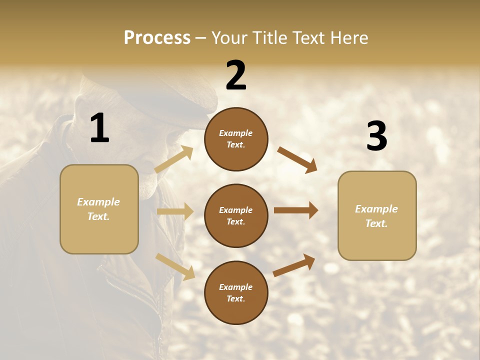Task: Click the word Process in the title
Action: click(157, 38)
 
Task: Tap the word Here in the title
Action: click(348, 38)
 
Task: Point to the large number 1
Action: click(99, 128)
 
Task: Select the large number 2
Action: click(236, 75)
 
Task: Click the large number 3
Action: click(376, 136)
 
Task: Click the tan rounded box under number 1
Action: click(99, 209)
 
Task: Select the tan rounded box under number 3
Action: click(377, 215)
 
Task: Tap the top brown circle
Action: click(236, 139)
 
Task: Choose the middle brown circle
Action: click(236, 215)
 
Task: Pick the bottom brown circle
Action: click(236, 292)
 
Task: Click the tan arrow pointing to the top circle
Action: click(174, 159)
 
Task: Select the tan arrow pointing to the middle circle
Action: click(175, 211)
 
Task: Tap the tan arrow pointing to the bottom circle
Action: click(175, 266)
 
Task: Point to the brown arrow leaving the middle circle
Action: click(296, 210)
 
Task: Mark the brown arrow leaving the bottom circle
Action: click(294, 265)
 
